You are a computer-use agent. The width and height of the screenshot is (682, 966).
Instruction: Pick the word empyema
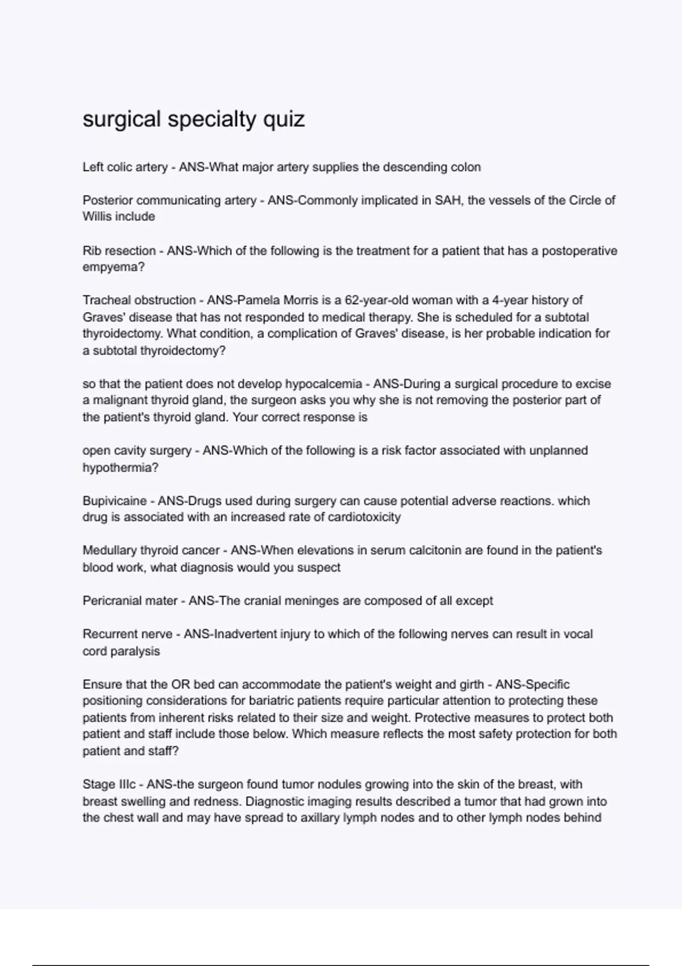pos(113,267)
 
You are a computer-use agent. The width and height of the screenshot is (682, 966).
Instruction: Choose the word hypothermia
pos(120,468)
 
